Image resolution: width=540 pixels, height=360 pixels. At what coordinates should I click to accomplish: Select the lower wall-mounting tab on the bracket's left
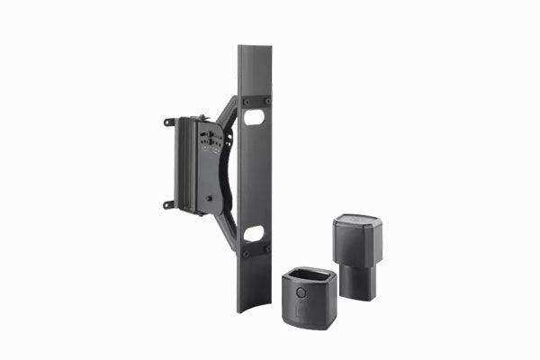tap(168, 203)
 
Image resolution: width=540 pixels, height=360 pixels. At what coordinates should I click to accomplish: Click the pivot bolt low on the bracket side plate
tap(210, 192)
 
